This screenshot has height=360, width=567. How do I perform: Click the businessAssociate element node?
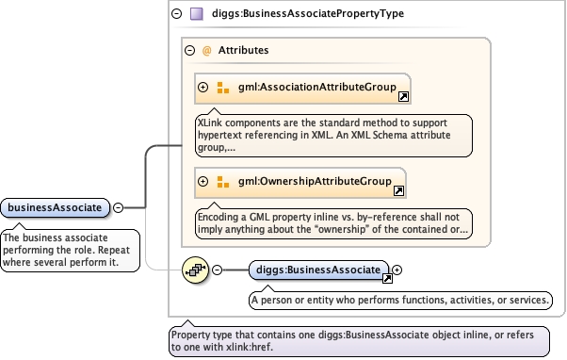(x=55, y=207)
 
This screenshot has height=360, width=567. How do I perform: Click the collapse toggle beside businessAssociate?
(x=119, y=207)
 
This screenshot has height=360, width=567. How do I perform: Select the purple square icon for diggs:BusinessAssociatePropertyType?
(x=197, y=14)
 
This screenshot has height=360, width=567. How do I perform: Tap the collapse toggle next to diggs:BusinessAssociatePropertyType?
(x=176, y=14)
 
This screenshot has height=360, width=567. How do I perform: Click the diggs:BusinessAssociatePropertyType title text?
(x=308, y=14)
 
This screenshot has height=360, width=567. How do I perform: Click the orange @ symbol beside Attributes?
(x=207, y=50)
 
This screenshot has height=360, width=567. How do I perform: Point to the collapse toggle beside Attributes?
(x=190, y=50)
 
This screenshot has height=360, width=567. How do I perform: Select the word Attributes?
(x=243, y=50)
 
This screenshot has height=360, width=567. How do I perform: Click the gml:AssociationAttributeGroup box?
(x=302, y=89)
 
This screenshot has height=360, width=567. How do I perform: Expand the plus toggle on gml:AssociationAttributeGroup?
(x=203, y=88)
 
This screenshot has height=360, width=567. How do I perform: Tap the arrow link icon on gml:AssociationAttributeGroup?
(x=403, y=97)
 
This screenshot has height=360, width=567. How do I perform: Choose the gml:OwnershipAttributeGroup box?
(x=300, y=183)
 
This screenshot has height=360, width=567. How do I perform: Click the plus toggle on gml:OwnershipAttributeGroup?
(x=203, y=181)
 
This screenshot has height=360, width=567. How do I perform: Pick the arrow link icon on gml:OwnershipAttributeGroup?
(x=398, y=190)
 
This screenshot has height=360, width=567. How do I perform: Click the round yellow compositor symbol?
(x=195, y=270)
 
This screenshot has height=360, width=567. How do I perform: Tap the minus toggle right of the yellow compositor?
(x=217, y=270)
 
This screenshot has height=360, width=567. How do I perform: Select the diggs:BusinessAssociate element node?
(x=318, y=270)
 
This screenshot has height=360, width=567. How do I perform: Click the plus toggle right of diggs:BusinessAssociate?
(x=397, y=270)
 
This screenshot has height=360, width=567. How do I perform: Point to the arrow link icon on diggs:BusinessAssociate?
(x=387, y=278)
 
